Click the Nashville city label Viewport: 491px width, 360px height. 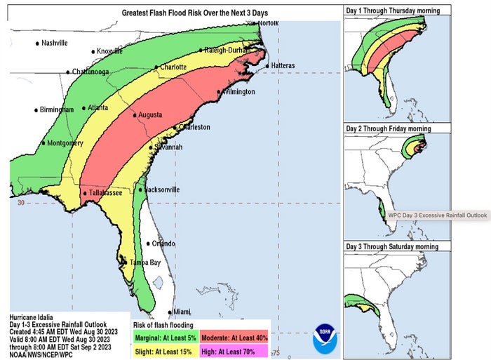[x=55, y=43]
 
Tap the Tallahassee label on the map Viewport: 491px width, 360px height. [x=105, y=193]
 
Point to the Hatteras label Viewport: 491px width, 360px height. [x=282, y=66]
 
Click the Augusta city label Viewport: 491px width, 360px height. [x=150, y=114]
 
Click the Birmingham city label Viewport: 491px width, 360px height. [x=57, y=110]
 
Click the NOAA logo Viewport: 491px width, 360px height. [x=325, y=336]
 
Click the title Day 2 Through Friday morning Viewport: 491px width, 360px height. [x=388, y=128]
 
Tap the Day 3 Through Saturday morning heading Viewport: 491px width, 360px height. [x=391, y=246]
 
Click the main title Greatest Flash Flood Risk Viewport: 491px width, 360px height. [x=194, y=13]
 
